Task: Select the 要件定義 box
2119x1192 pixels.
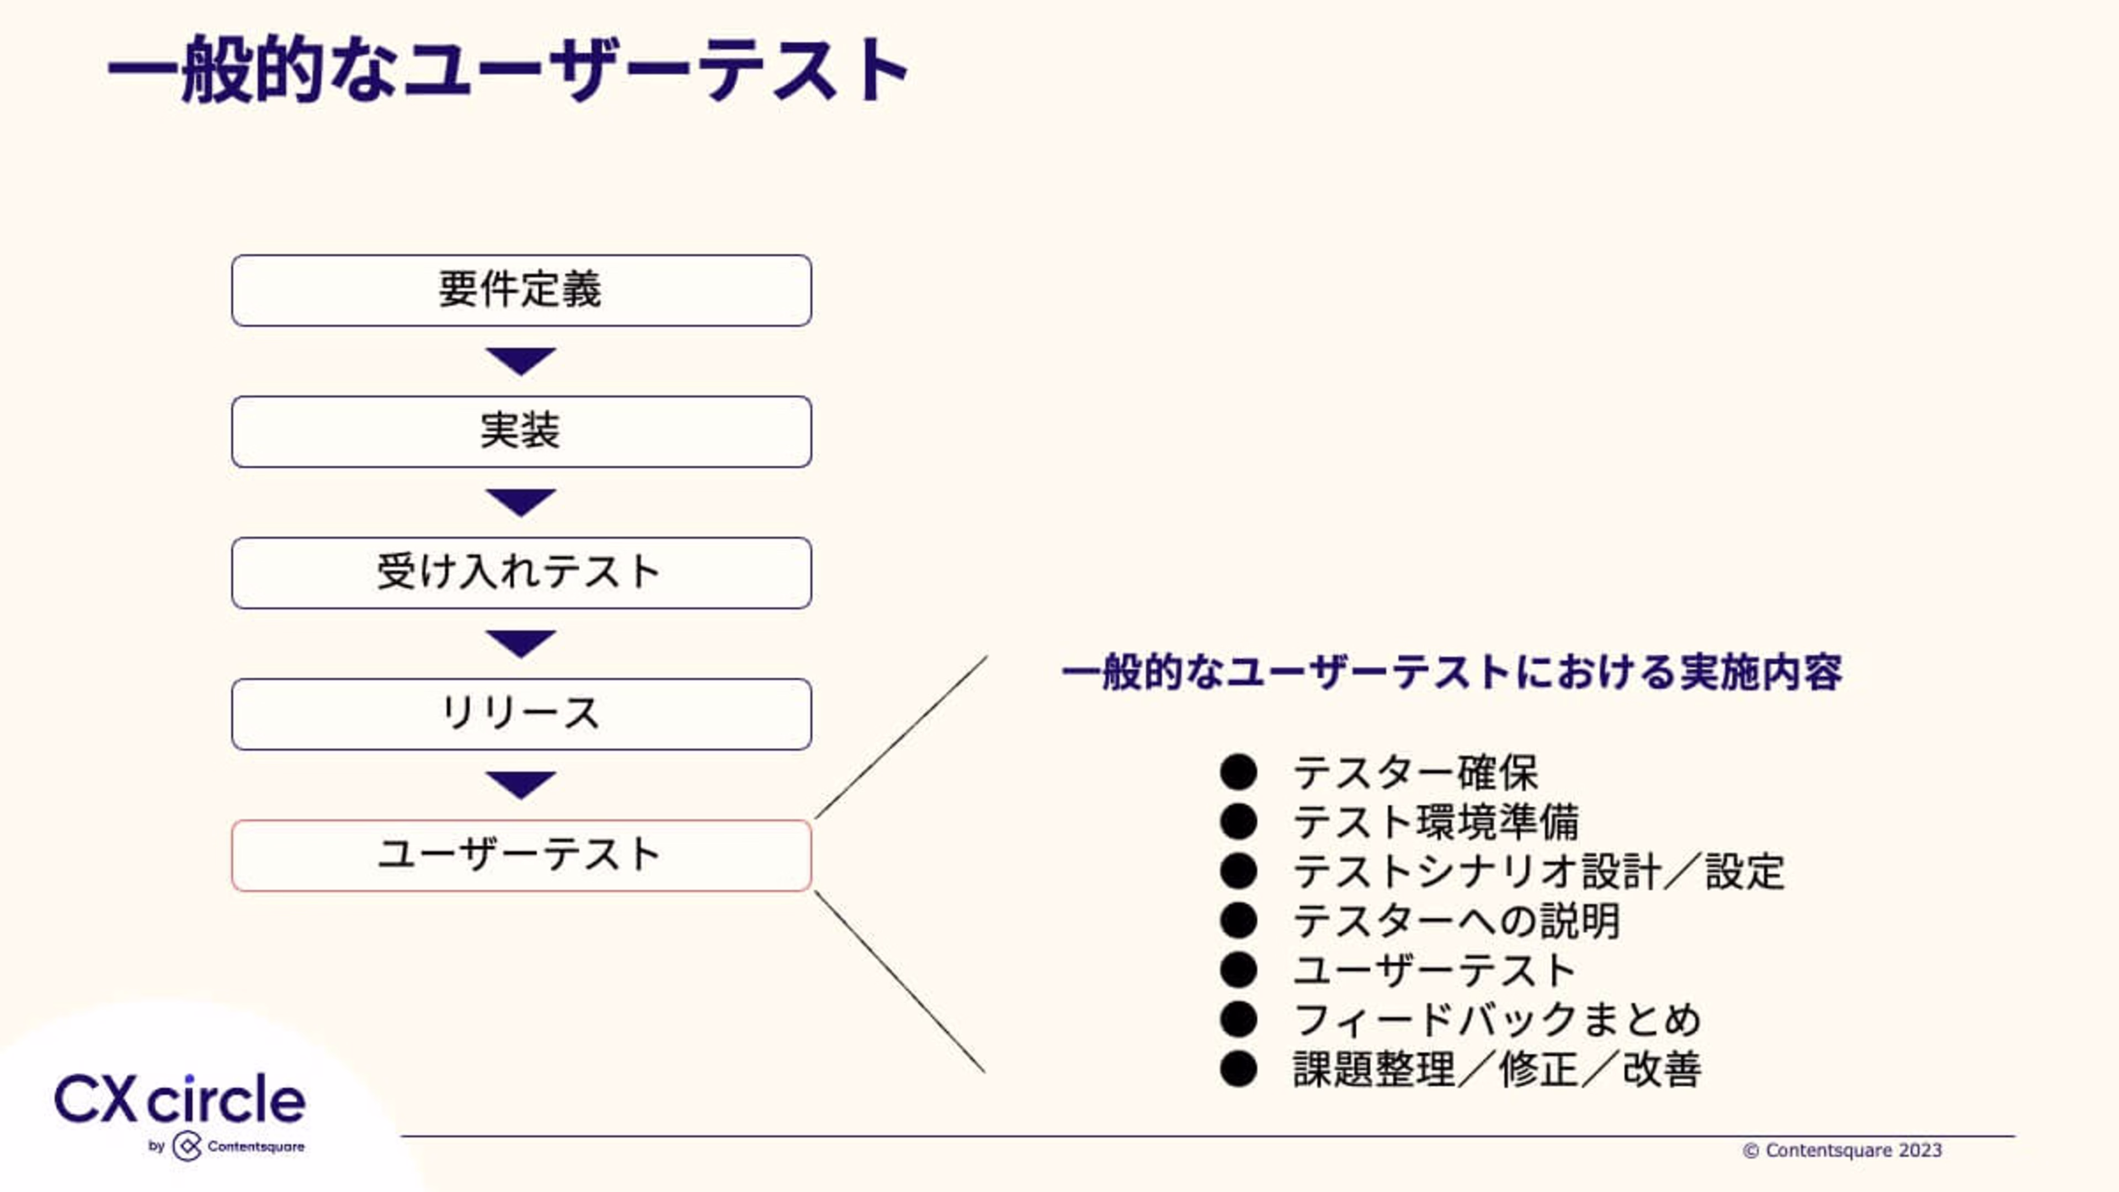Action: [521, 290]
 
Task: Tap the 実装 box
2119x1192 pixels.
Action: [521, 432]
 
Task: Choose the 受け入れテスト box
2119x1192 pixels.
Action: [521, 573]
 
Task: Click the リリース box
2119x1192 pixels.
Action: [521, 714]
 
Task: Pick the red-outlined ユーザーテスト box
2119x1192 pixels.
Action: [521, 855]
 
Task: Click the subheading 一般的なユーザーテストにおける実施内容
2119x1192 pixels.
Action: [1452, 672]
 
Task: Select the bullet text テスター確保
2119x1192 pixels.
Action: [1415, 773]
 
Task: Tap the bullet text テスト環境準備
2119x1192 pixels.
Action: [1435, 822]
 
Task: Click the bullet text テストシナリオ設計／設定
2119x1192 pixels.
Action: [1538, 871]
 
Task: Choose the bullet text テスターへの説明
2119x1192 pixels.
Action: [1456, 920]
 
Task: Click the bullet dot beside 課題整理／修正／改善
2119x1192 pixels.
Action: [1238, 1069]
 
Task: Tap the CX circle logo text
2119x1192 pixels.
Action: [180, 1099]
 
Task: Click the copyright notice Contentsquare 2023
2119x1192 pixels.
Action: [1843, 1150]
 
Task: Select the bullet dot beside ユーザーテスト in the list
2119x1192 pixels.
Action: [1238, 970]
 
